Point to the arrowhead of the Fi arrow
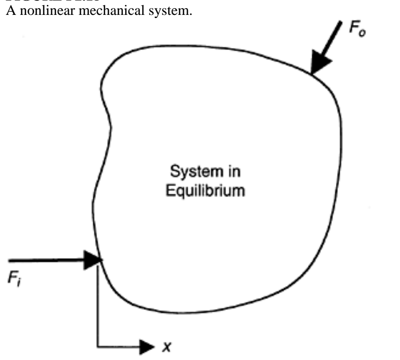tap(93, 260)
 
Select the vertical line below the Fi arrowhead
tap(98, 307)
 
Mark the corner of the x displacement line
tap(98, 347)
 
